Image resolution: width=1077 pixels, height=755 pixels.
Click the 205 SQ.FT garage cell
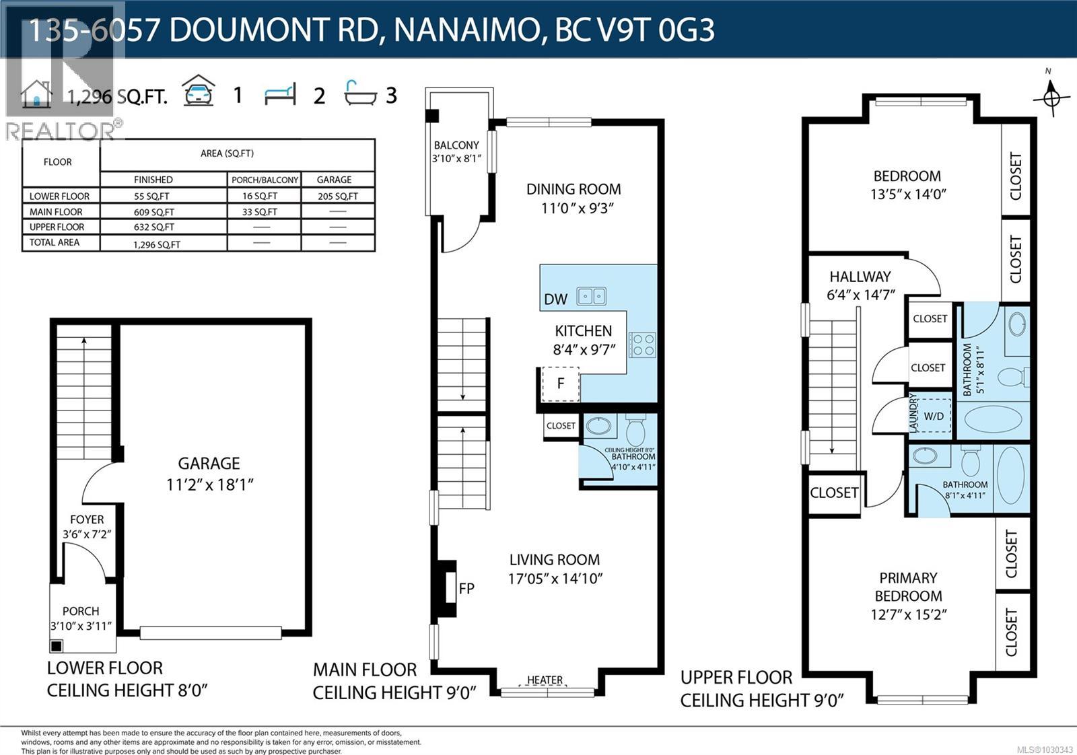tap(338, 196)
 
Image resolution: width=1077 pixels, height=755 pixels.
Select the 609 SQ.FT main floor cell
tap(153, 212)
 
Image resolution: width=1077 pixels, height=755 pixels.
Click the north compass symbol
tap(1051, 97)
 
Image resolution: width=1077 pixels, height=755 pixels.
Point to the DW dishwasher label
tap(555, 299)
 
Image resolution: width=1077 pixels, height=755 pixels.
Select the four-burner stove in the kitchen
tap(642, 345)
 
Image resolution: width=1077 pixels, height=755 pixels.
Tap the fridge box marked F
tap(560, 384)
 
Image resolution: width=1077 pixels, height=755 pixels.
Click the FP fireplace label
tap(466, 589)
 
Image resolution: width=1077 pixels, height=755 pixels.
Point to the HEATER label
tap(545, 680)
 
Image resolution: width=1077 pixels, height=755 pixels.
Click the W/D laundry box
tap(933, 416)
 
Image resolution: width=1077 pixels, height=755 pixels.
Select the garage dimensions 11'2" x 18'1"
tap(209, 484)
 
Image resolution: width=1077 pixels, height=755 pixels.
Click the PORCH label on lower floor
tap(81, 611)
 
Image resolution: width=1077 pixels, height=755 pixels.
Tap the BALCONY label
tap(456, 145)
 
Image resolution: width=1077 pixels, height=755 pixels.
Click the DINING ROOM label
tap(574, 189)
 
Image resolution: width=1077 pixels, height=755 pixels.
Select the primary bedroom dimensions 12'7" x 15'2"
tap(908, 614)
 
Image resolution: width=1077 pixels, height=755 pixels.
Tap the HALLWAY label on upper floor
tap(860, 277)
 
